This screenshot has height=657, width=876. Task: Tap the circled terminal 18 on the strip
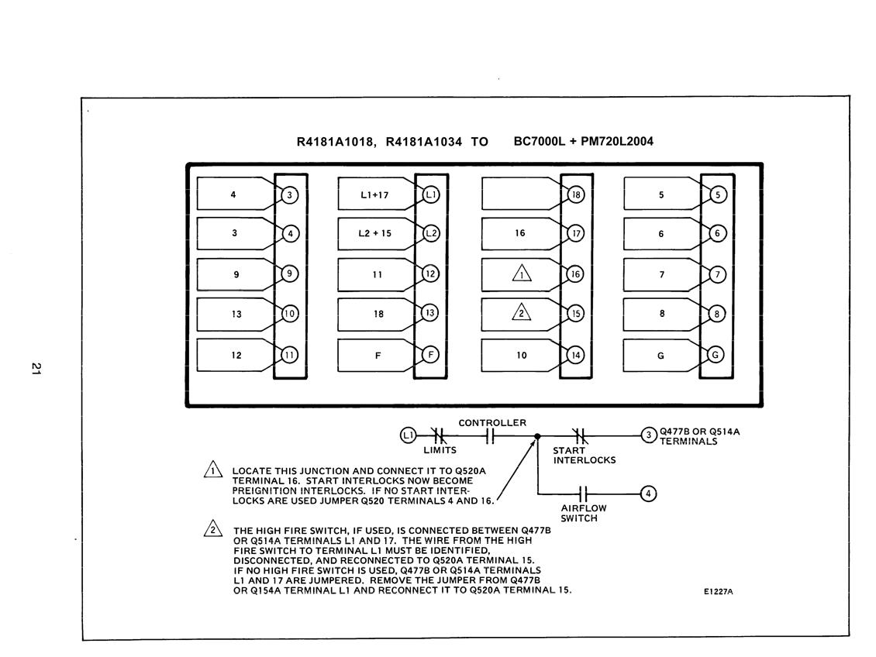(576, 194)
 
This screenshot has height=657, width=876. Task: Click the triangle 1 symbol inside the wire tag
(522, 273)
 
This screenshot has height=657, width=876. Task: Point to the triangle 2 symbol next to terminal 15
(521, 311)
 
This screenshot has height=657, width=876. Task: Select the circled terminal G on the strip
(716, 355)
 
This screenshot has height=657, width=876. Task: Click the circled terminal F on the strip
(430, 355)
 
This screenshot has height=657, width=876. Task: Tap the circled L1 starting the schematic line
(409, 435)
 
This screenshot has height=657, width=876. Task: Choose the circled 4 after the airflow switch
(648, 494)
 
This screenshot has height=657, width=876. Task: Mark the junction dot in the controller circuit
(537, 436)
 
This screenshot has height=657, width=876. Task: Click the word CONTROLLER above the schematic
(492, 423)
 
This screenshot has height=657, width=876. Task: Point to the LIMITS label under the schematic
(440, 450)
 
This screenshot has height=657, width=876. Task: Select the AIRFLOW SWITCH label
(583, 513)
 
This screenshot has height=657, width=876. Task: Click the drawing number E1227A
(719, 592)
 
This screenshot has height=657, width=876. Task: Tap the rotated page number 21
(36, 369)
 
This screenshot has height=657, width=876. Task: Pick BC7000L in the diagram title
(540, 141)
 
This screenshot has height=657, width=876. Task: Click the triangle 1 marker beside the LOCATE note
(213, 470)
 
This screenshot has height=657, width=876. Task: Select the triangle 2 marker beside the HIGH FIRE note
(213, 528)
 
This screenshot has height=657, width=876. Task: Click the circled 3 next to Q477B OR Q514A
(649, 435)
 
